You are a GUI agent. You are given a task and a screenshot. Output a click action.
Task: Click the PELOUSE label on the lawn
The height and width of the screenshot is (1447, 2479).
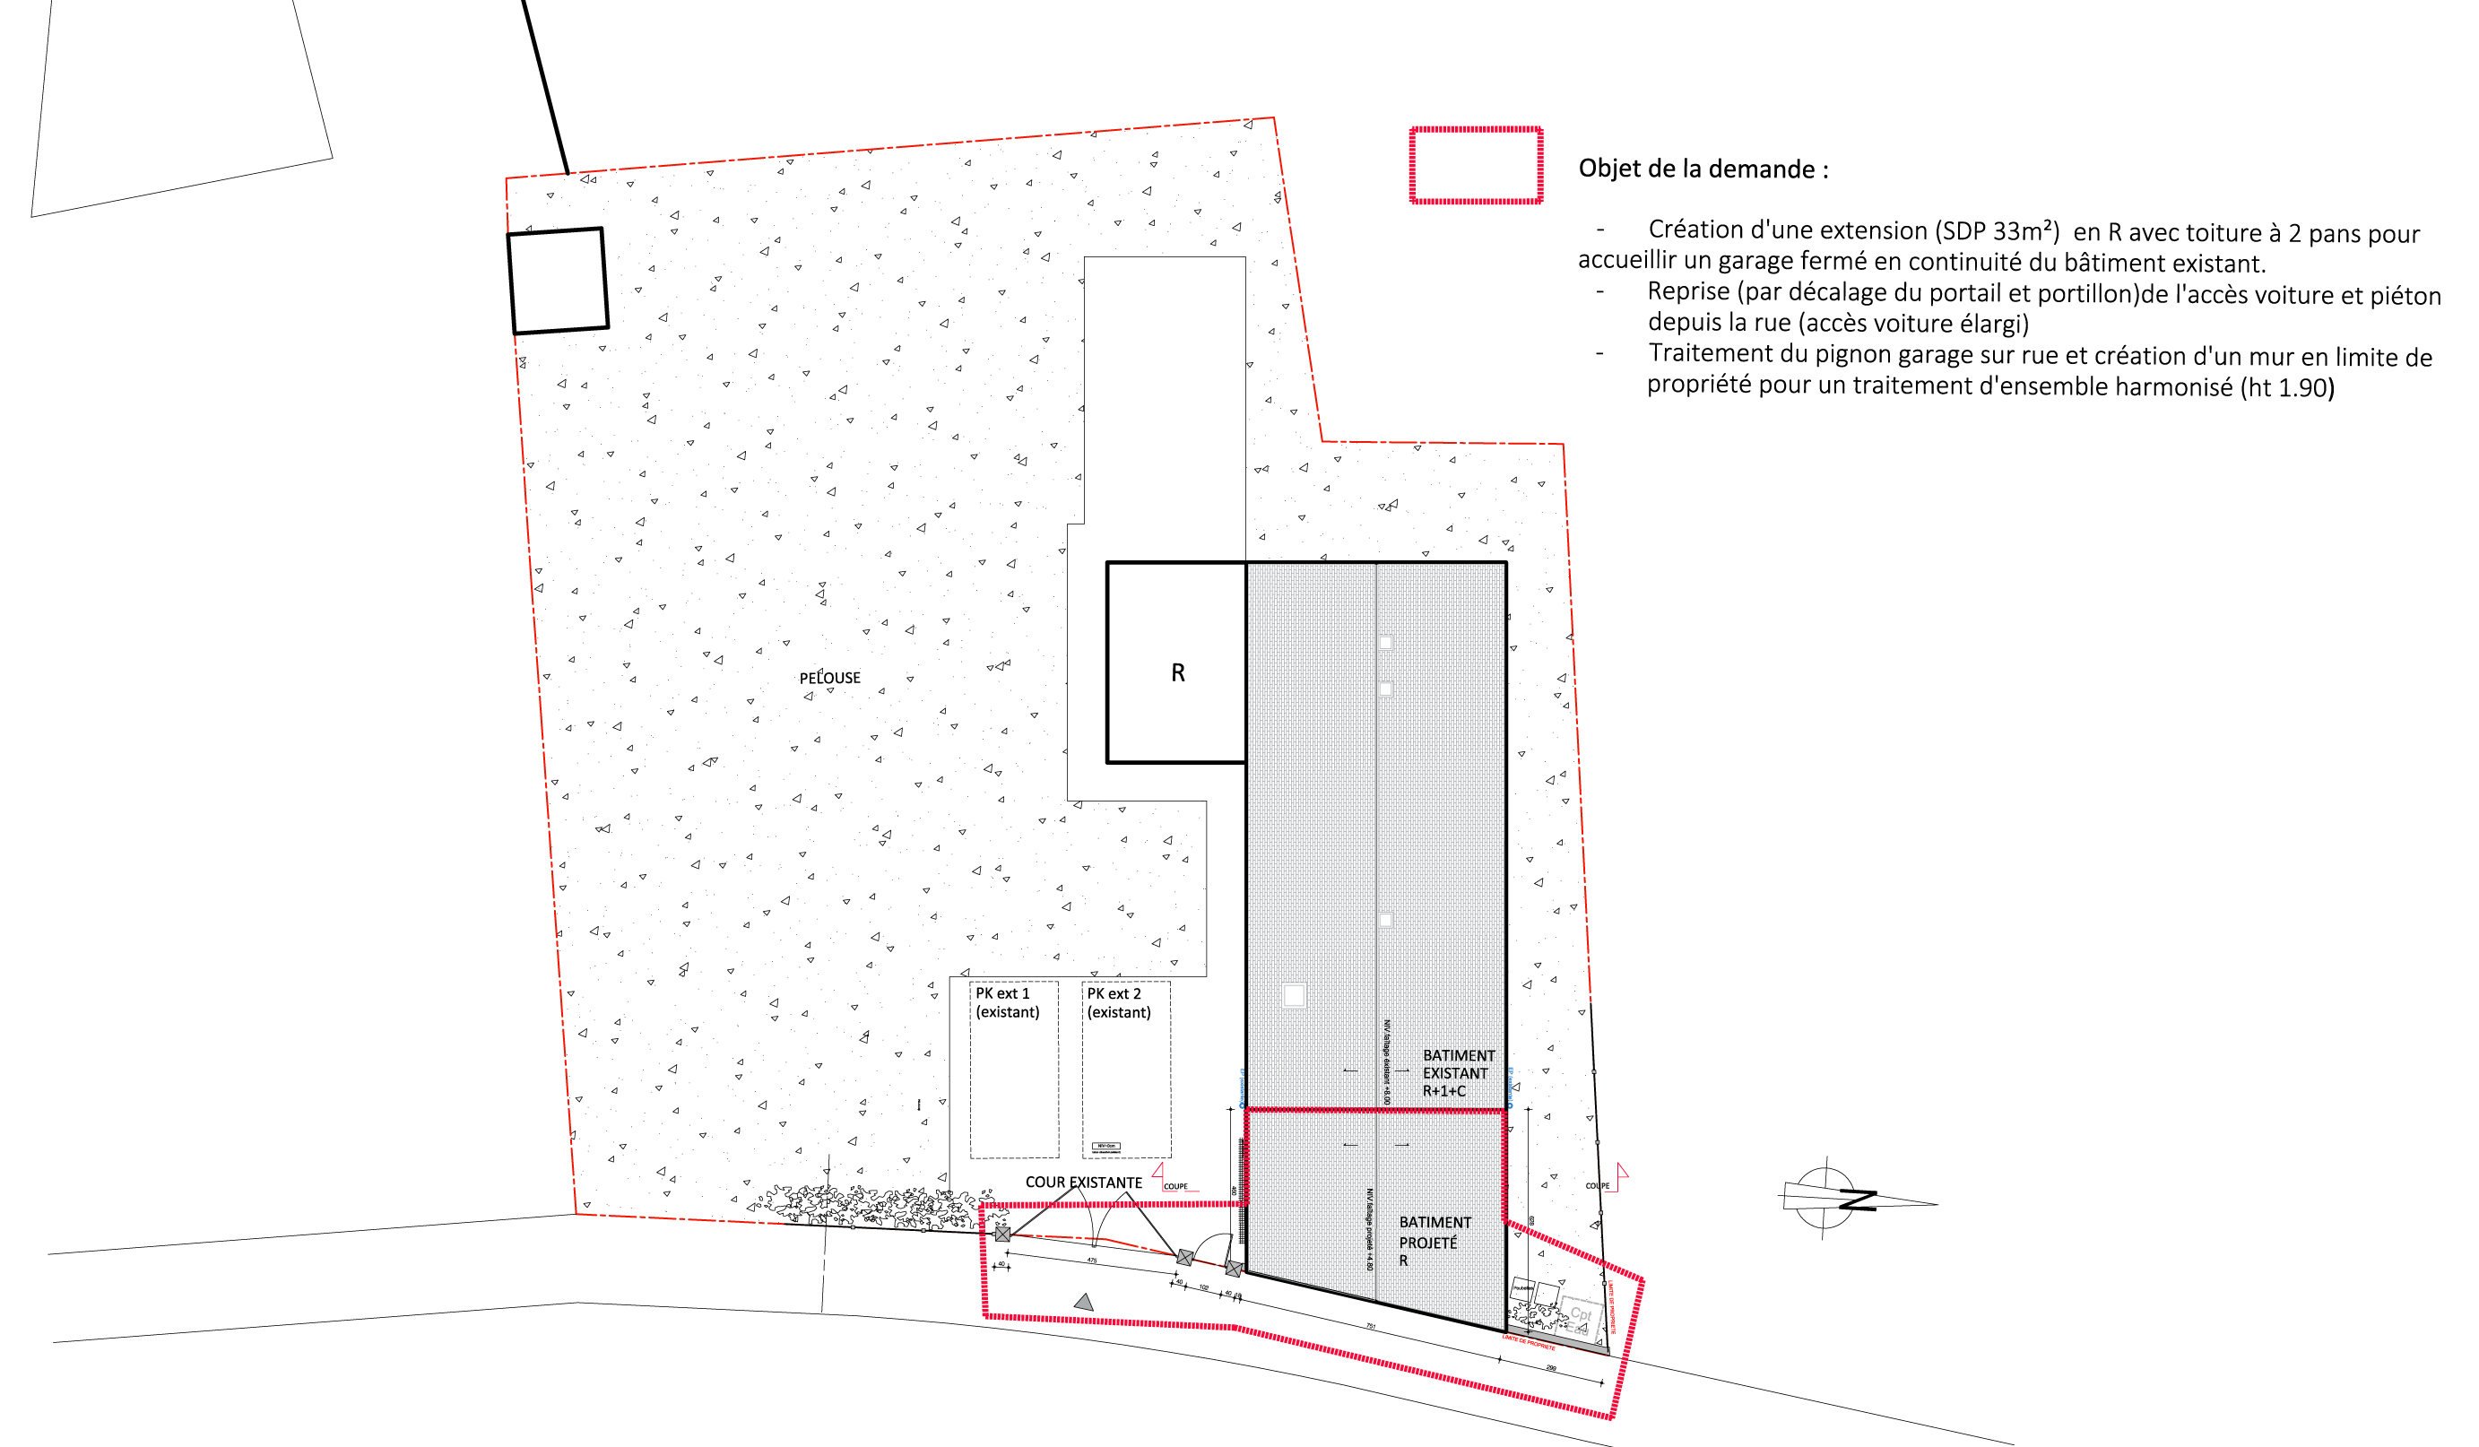tap(829, 678)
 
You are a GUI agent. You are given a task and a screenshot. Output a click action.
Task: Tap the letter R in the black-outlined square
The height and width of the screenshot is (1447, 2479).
tap(1177, 672)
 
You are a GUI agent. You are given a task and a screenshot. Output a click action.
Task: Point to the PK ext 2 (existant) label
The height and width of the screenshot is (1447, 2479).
tap(1119, 1002)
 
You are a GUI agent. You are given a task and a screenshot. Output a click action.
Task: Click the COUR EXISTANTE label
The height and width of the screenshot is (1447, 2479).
tap(1083, 1183)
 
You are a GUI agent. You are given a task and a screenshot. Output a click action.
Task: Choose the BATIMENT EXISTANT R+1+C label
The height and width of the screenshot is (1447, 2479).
tap(1457, 1073)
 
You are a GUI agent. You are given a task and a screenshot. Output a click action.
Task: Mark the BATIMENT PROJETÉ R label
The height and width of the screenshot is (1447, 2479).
tap(1435, 1242)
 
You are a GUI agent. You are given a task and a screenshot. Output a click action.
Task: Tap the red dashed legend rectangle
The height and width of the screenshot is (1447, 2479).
tap(1476, 165)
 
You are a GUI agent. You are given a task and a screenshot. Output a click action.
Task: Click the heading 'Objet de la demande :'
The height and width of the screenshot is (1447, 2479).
tap(1703, 169)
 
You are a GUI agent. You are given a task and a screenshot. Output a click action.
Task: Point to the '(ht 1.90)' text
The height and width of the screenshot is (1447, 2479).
tap(2287, 387)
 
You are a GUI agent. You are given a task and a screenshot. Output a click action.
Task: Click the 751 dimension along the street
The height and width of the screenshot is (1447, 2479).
tap(1370, 1327)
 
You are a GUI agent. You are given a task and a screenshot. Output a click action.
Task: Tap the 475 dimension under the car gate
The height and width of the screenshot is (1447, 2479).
tap(1092, 1261)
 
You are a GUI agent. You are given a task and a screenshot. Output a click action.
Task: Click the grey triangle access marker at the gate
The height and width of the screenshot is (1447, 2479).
tap(1084, 1303)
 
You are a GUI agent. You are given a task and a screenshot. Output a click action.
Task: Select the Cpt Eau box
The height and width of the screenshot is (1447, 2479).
tap(1579, 1318)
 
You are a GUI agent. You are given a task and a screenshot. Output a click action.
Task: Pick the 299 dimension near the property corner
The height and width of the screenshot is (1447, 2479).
tap(1551, 1367)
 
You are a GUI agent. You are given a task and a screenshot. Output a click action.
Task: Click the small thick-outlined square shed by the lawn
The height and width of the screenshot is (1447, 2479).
tap(558, 282)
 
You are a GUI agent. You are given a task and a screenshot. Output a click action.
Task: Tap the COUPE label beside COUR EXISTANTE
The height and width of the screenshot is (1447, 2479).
tap(1175, 1186)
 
